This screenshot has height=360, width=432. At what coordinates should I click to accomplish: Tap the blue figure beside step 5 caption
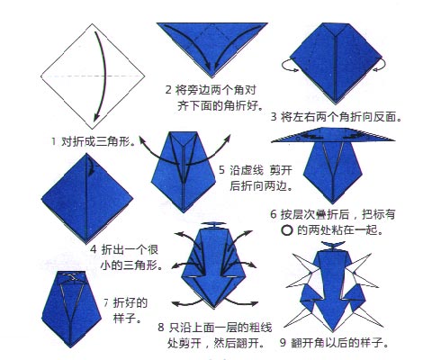point(184,171)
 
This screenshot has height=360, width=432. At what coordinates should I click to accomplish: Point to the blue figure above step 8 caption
point(214,270)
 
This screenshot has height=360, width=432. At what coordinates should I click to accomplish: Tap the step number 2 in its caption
point(168,90)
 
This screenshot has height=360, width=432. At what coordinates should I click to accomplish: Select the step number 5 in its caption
point(222,169)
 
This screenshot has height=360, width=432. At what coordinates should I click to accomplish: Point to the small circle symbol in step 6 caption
point(288,230)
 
